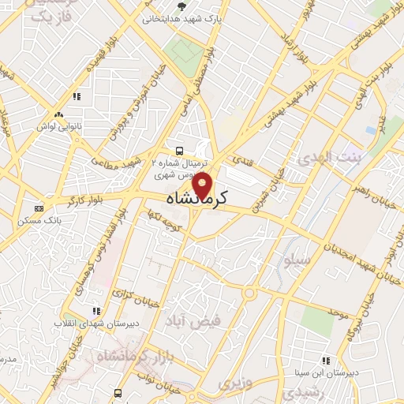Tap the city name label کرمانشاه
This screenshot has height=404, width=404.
[x=196, y=199]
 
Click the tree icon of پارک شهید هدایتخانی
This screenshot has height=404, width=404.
[x=182, y=7]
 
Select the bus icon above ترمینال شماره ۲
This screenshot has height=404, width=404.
[x=180, y=150]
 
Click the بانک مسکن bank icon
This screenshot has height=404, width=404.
[x=39, y=208]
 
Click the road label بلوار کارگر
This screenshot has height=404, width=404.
[x=86, y=202]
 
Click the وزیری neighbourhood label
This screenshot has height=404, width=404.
[x=234, y=383]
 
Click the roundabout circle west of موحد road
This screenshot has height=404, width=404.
[x=250, y=294]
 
